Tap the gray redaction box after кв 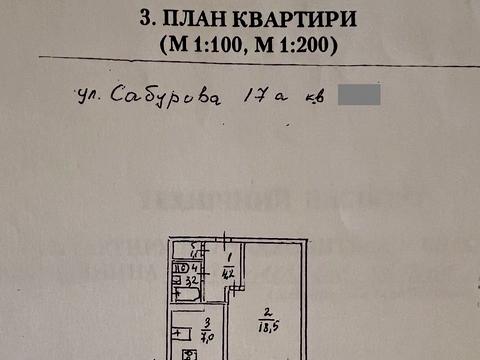pos(359,97)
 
